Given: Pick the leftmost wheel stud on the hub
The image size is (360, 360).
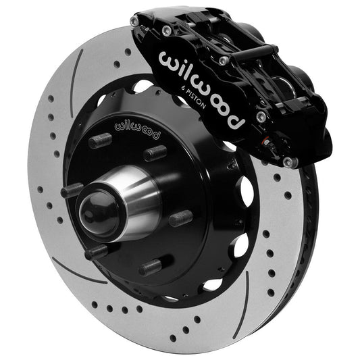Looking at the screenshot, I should tap(72, 190).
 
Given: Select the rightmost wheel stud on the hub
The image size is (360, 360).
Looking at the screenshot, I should tap(180, 219).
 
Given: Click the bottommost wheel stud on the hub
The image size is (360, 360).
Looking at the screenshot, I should tap(150, 266).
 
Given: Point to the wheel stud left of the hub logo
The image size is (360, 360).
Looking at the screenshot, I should tap(99, 140).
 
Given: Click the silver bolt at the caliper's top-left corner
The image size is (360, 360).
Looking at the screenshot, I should tap(135, 22).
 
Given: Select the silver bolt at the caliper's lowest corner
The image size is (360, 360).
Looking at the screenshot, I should tap(289, 162).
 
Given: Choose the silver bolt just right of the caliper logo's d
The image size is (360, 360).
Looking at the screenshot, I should tap(261, 117).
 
